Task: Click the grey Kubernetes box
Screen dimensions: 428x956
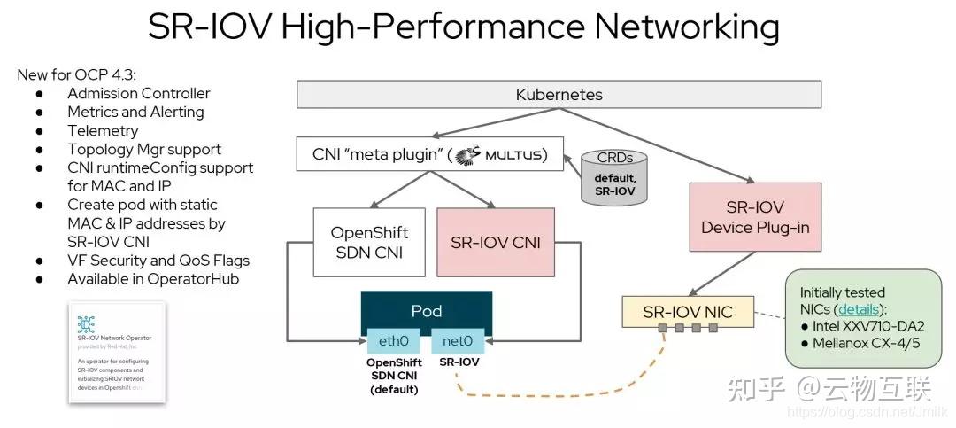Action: pos(559,94)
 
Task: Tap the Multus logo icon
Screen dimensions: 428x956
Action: pos(466,156)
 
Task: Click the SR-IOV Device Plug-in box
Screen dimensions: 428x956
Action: pos(755,217)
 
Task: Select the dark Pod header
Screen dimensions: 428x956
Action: pos(426,311)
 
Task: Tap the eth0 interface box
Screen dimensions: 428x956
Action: pos(393,340)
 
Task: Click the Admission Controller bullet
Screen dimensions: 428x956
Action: pos(139,93)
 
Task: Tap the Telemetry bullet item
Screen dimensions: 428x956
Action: pos(103,130)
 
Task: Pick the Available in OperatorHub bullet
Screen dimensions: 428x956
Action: pos(153,279)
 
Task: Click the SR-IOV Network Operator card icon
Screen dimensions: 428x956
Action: pos(87,323)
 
